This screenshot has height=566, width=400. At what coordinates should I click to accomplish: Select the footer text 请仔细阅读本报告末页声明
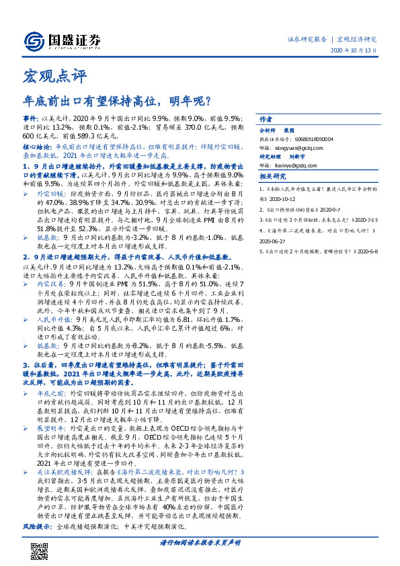pos(200,542)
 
